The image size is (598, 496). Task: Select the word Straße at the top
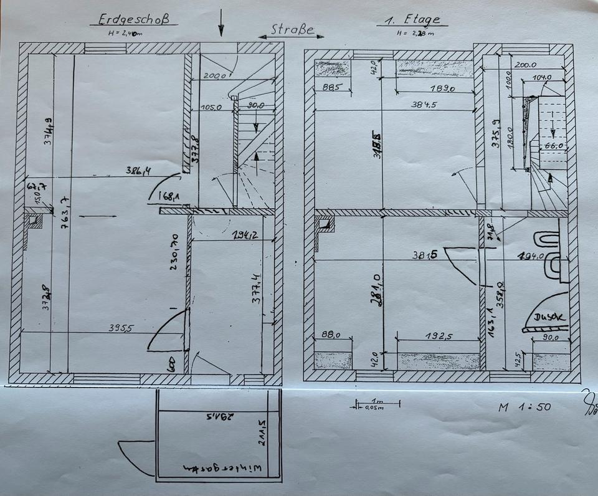pyautogui.click(x=288, y=30)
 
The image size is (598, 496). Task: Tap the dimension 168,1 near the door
pyautogui.click(x=168, y=197)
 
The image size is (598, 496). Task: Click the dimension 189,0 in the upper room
pyautogui.click(x=442, y=88)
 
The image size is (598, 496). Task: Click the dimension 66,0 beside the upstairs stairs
pyautogui.click(x=551, y=146)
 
